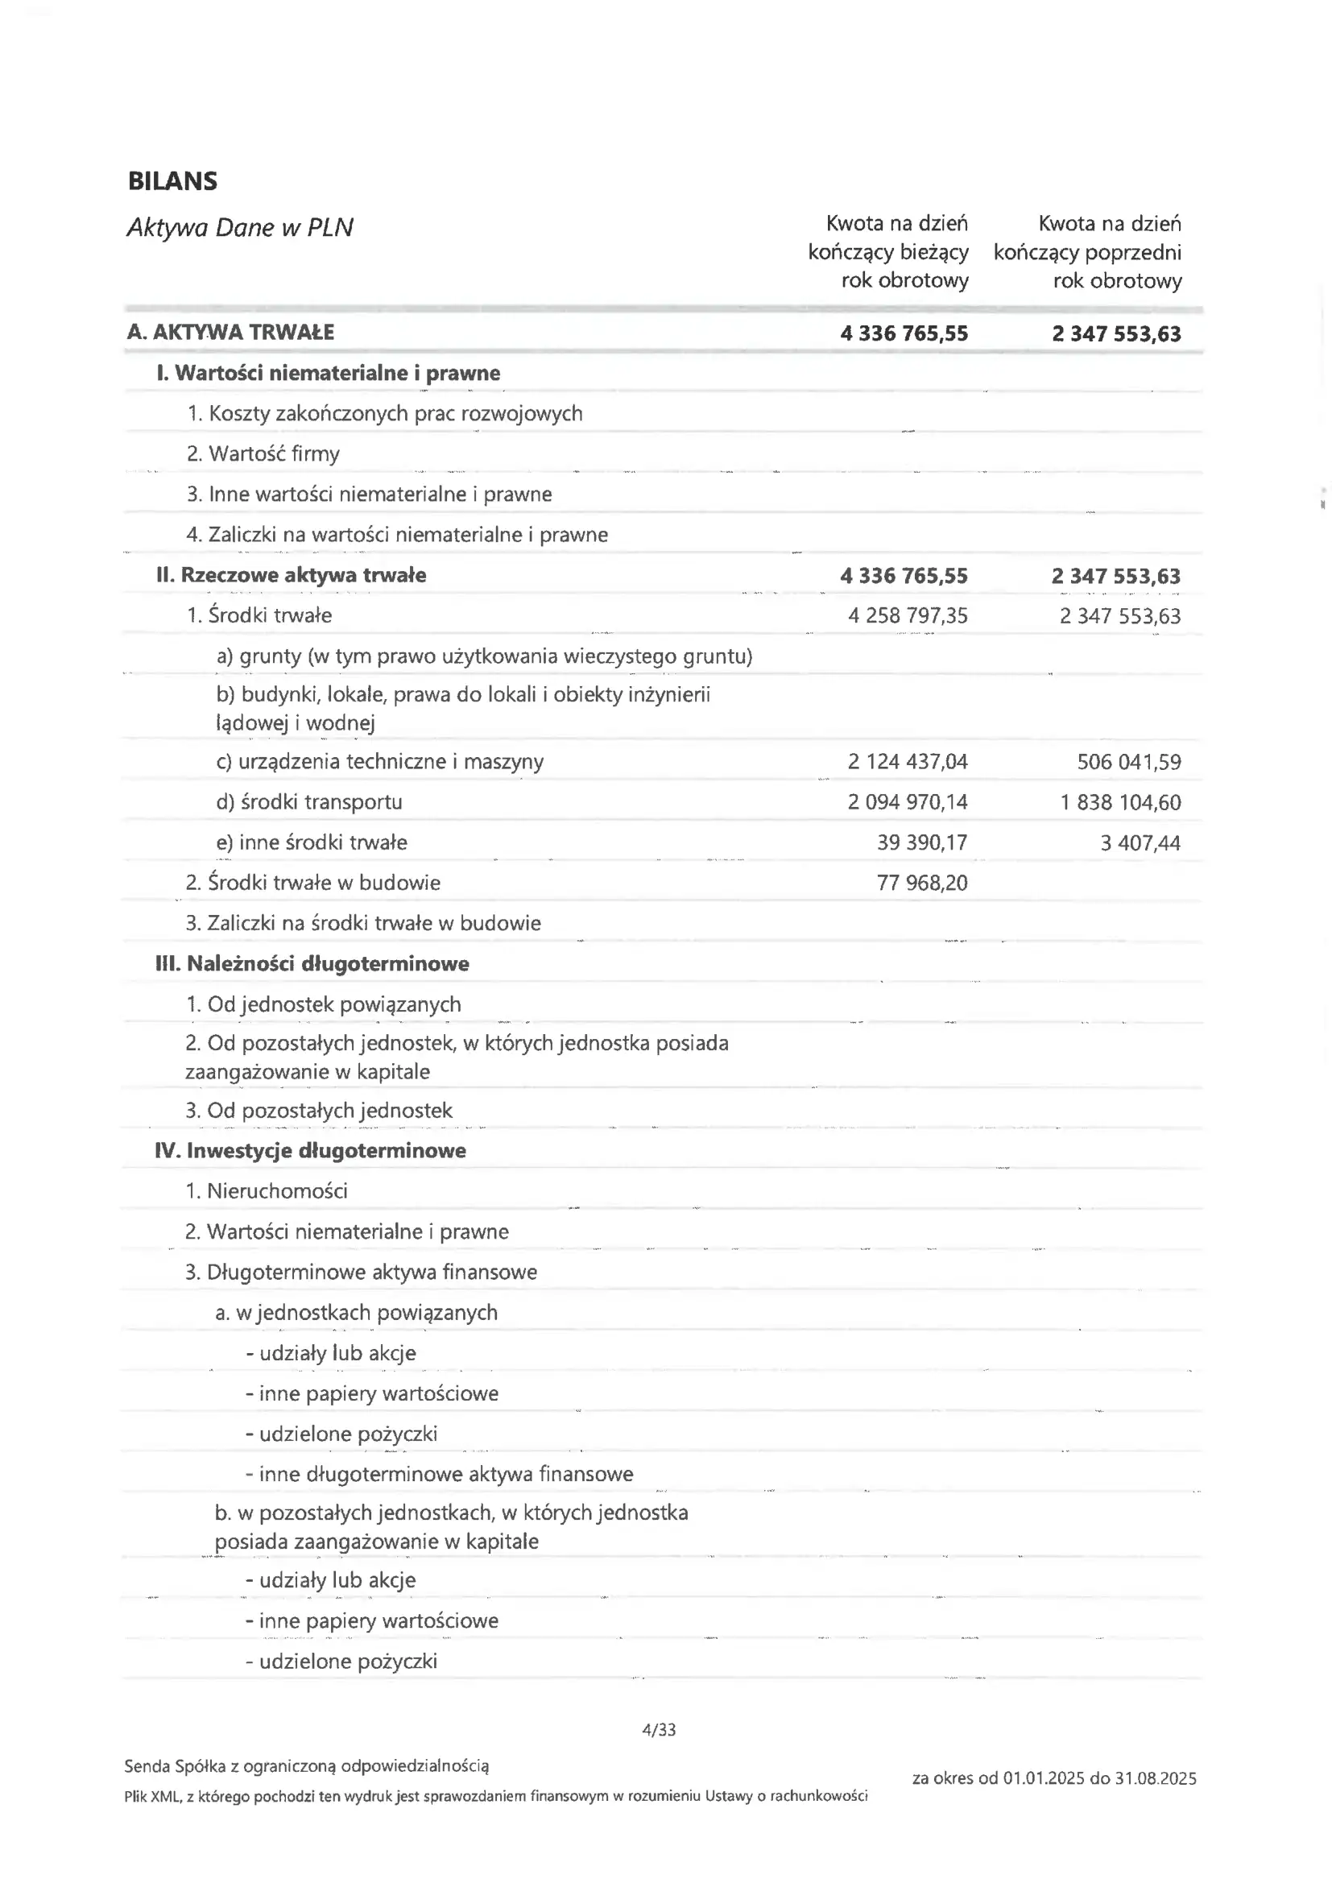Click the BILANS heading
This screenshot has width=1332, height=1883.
[172, 181]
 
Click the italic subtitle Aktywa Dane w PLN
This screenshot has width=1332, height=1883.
[239, 227]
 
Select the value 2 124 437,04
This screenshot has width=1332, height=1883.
[907, 762]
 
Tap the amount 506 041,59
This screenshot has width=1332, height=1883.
[1128, 762]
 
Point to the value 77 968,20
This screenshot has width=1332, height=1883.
[922, 884]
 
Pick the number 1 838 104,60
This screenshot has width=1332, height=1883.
[1119, 802]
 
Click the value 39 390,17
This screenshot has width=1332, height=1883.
[922, 842]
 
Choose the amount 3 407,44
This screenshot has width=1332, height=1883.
[1140, 842]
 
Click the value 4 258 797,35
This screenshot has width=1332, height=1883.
[907, 616]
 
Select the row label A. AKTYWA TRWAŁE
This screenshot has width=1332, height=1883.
[230, 332]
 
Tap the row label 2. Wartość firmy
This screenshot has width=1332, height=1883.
[263, 453]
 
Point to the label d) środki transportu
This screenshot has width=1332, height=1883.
[309, 802]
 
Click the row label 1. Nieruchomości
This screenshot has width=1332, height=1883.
[266, 1191]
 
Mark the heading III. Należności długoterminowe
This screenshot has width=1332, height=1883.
[312, 963]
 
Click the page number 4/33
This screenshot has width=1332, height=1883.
[659, 1730]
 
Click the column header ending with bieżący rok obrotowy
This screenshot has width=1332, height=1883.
[887, 252]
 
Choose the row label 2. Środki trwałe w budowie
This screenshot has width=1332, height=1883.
[312, 884]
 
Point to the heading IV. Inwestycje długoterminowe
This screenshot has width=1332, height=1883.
[310, 1151]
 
